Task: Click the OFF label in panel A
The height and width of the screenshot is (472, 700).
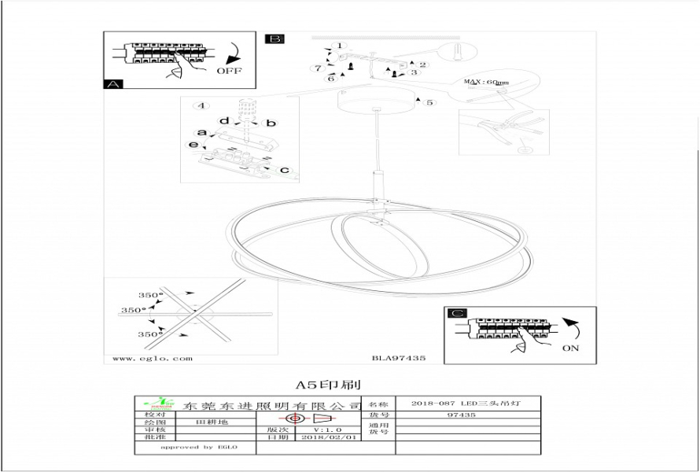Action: tap(229, 70)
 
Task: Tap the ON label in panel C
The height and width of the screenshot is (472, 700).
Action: tap(571, 348)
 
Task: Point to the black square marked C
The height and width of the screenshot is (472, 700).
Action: tap(456, 313)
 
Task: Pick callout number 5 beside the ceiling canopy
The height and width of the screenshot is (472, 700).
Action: tap(429, 102)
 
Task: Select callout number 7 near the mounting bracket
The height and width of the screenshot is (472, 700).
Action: tap(319, 68)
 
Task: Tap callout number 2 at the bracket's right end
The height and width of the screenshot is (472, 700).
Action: tap(423, 65)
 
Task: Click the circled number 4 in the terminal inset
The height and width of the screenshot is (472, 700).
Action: tap(201, 105)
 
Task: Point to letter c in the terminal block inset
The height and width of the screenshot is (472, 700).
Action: tap(284, 170)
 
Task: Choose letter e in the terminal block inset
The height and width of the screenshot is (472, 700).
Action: tap(192, 146)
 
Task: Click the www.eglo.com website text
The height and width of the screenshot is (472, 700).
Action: tap(153, 358)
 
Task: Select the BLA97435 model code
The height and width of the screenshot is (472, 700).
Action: tap(398, 358)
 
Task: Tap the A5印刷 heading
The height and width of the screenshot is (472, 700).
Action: tap(328, 385)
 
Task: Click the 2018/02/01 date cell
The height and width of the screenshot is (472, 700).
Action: tap(330, 437)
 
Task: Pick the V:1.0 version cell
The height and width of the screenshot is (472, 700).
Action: tap(329, 430)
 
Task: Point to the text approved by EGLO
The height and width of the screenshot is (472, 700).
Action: tap(197, 447)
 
